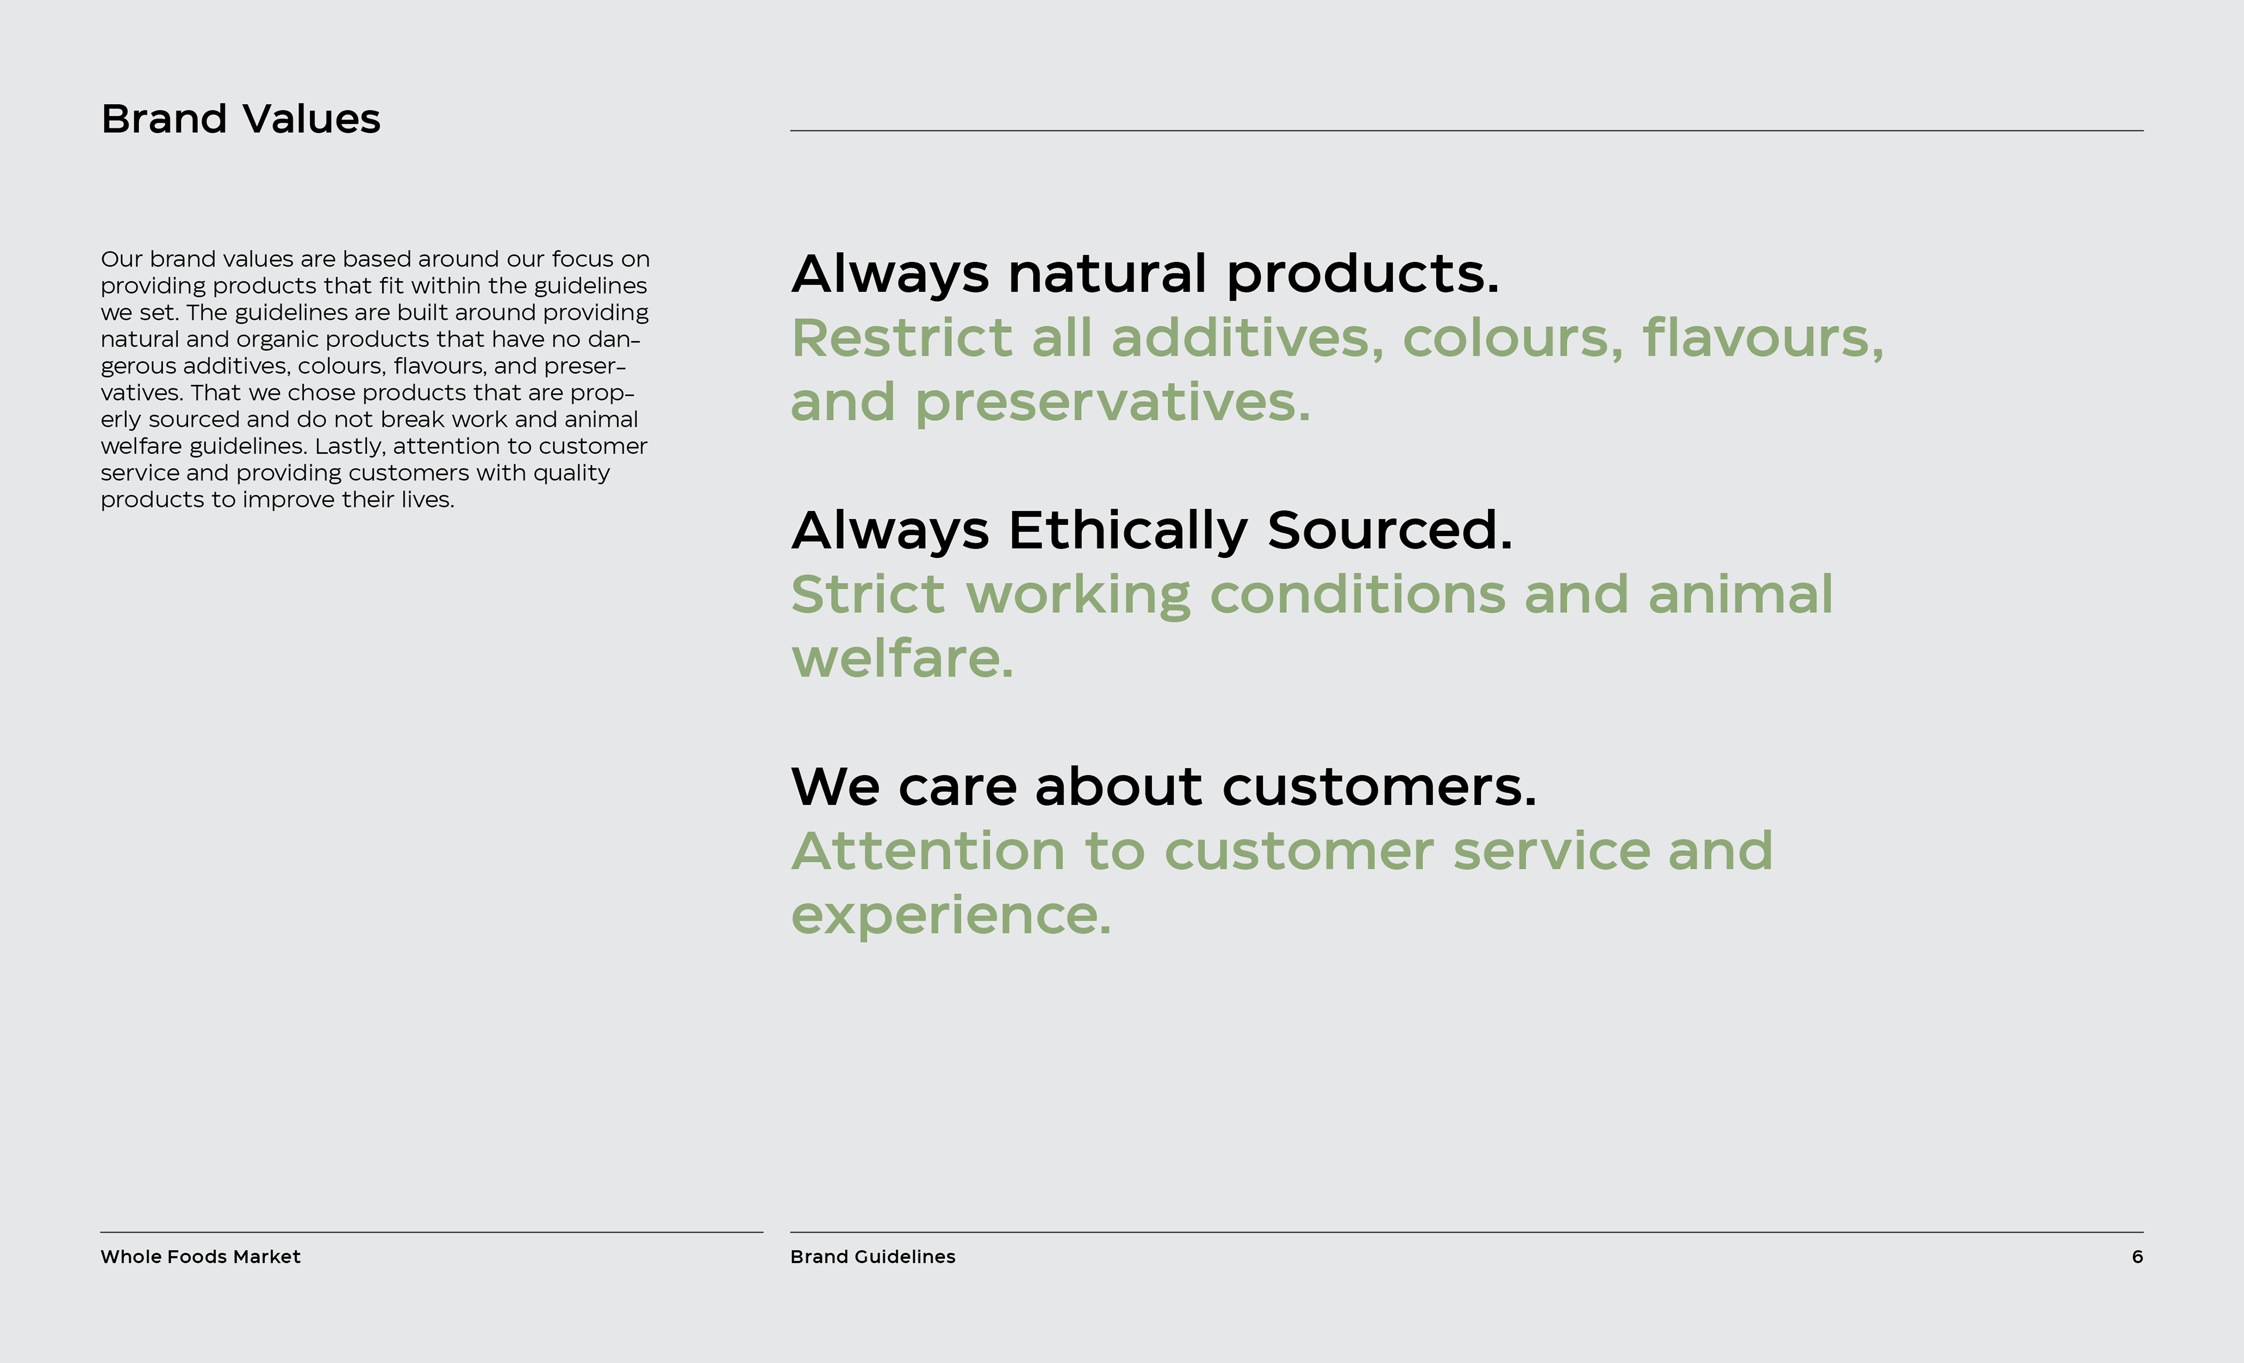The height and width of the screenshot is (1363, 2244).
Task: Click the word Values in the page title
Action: (x=311, y=119)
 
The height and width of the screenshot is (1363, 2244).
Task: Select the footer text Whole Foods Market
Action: (x=200, y=1257)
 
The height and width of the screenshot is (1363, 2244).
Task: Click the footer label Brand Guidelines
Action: (x=872, y=1257)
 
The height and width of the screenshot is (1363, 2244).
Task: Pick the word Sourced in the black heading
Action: (x=1390, y=530)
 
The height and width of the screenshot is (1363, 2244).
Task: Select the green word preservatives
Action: (x=1113, y=403)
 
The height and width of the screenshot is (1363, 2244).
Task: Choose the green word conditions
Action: (x=1357, y=595)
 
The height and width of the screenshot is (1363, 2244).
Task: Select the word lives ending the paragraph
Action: (x=427, y=499)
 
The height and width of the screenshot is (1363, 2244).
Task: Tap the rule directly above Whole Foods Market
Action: (x=432, y=1233)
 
